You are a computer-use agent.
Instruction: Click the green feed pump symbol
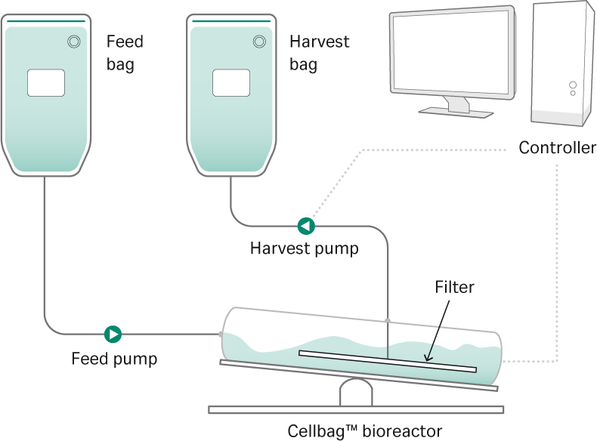(113, 333)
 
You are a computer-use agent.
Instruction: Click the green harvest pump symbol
(305, 225)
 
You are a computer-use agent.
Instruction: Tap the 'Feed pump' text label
(114, 358)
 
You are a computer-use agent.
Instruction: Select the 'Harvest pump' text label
(305, 248)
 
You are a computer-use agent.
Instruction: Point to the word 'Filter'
(454, 287)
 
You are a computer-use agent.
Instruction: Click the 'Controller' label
(557, 147)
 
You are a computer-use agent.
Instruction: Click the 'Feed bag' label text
(125, 53)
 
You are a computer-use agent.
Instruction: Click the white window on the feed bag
(46, 82)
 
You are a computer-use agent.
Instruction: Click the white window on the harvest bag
(231, 82)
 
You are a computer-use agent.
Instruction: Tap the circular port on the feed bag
(73, 42)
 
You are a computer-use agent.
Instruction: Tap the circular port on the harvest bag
(258, 42)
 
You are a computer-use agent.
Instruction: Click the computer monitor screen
(452, 57)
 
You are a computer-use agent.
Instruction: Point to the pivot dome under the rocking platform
(355, 393)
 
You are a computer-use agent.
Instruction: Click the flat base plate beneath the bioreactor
(355, 410)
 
